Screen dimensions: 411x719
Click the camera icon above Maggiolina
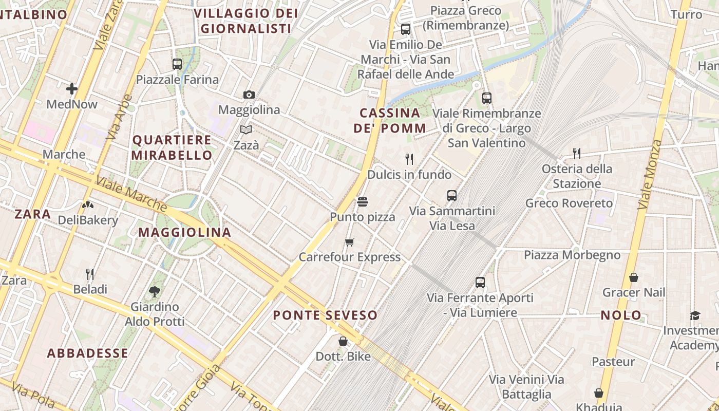[249, 95]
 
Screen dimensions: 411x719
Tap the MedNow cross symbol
[72, 89]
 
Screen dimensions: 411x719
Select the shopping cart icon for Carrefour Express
[350, 242]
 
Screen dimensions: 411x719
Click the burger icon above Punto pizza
[363, 202]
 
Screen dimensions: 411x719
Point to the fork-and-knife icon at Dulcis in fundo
[409, 159]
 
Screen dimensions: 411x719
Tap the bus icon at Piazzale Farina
[177, 64]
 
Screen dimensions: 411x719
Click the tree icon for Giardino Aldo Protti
[154, 292]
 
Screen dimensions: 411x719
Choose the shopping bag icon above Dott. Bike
[343, 341]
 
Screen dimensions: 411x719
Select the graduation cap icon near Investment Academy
[695, 315]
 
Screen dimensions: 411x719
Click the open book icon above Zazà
[246, 130]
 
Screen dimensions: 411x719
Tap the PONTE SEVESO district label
[325, 315]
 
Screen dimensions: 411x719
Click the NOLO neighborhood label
[621, 315]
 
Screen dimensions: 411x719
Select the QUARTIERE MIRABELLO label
[172, 147]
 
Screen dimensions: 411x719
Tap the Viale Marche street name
[131, 193]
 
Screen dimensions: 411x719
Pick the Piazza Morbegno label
[572, 255]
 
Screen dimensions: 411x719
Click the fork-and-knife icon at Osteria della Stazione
[577, 153]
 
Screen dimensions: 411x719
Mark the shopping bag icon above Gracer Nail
[634, 277]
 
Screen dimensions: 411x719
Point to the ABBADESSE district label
[87, 353]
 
